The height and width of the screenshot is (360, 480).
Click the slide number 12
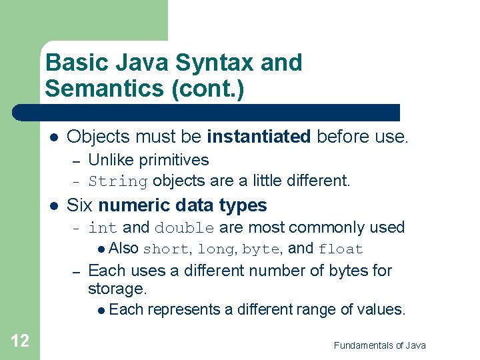[20, 341]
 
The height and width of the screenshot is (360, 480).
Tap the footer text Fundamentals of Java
[379, 345]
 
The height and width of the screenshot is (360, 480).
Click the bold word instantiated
[259, 137]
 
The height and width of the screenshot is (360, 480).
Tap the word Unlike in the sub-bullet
[109, 160]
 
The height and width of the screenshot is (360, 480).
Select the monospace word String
[117, 181]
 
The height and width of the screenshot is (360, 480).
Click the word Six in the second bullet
[81, 205]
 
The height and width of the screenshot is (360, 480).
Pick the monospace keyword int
[103, 228]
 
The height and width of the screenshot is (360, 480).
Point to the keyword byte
[260, 249]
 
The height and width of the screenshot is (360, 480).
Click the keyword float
[341, 249]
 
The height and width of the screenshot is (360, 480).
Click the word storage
[116, 289]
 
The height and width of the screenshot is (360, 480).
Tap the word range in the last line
[316, 309]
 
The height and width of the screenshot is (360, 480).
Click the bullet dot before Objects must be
[54, 137]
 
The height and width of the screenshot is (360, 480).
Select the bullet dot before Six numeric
[54, 206]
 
